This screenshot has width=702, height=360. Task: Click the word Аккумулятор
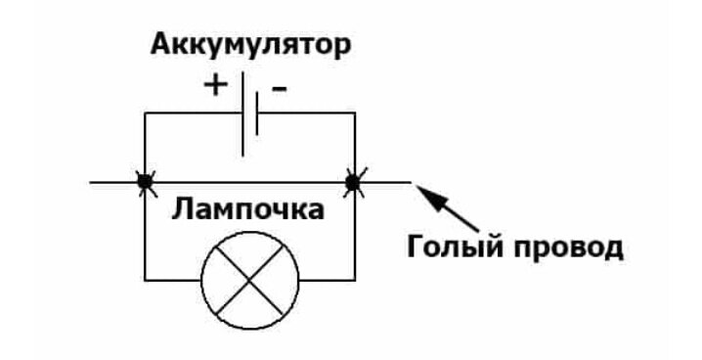(x=250, y=45)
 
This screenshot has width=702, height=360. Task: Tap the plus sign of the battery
(x=214, y=86)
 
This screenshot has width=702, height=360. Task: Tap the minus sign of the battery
(x=280, y=88)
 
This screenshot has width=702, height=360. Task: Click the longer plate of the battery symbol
(x=241, y=113)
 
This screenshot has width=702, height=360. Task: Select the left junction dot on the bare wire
(x=145, y=181)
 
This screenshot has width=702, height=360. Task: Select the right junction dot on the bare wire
(x=353, y=181)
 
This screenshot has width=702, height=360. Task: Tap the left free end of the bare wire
(x=91, y=181)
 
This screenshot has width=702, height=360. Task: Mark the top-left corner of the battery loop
(x=145, y=113)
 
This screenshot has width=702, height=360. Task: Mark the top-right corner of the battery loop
(x=353, y=113)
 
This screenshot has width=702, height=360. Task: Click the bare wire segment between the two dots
(x=248, y=181)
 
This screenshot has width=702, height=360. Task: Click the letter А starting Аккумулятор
(x=159, y=45)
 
